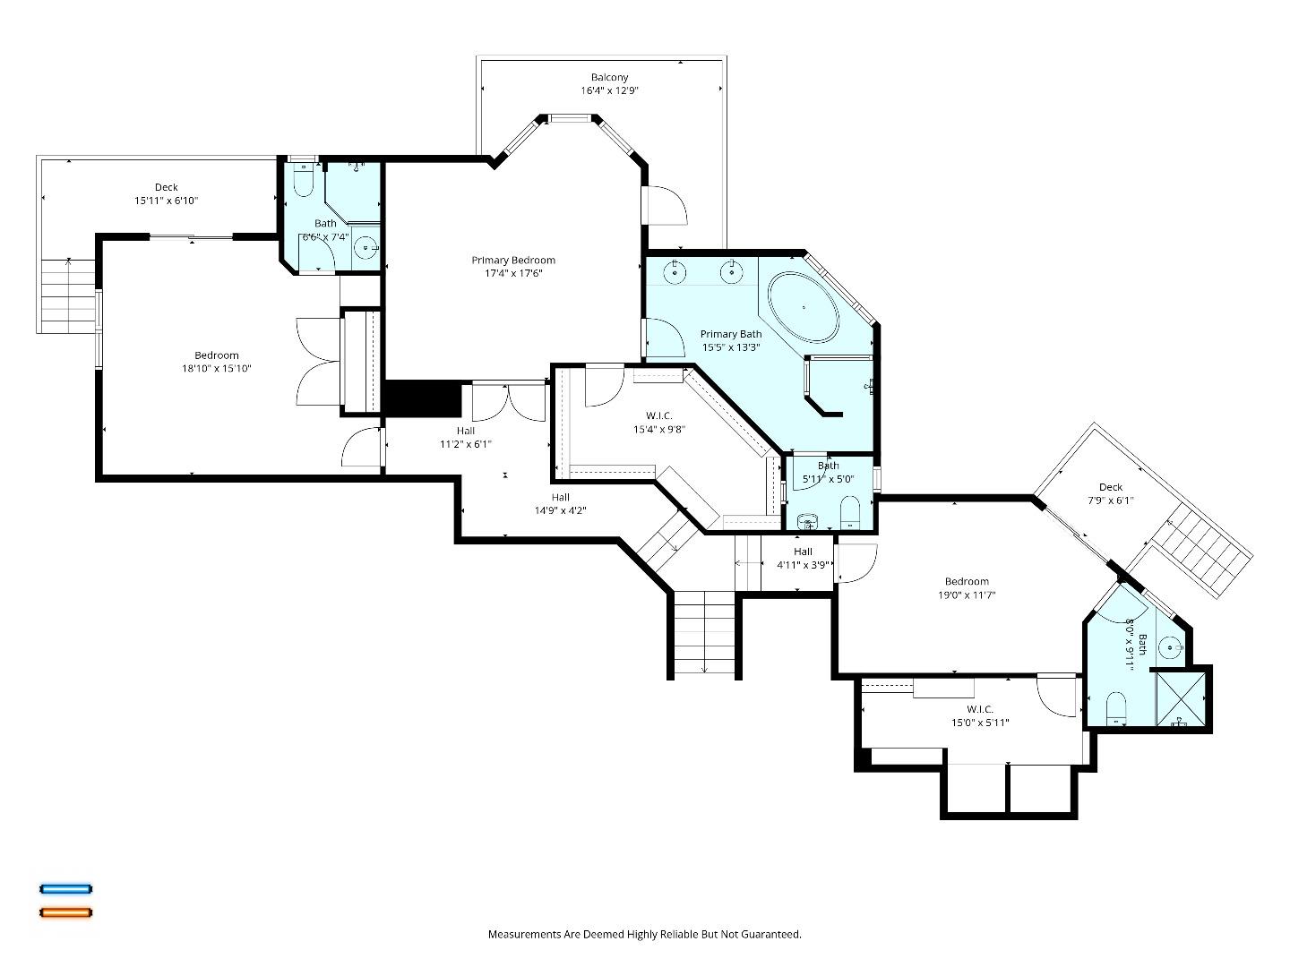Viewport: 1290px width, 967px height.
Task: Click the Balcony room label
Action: (609, 78)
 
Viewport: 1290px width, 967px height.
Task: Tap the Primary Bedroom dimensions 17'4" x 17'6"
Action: (513, 274)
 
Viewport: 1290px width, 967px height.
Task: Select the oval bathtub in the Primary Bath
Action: (804, 307)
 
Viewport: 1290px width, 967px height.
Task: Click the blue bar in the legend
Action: (65, 889)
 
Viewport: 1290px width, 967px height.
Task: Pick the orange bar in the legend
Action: (65, 912)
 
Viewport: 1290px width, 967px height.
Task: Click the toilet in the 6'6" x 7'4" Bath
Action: (302, 183)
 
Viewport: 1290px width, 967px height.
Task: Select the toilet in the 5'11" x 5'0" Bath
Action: (850, 512)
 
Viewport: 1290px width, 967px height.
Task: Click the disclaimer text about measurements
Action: (644, 934)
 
